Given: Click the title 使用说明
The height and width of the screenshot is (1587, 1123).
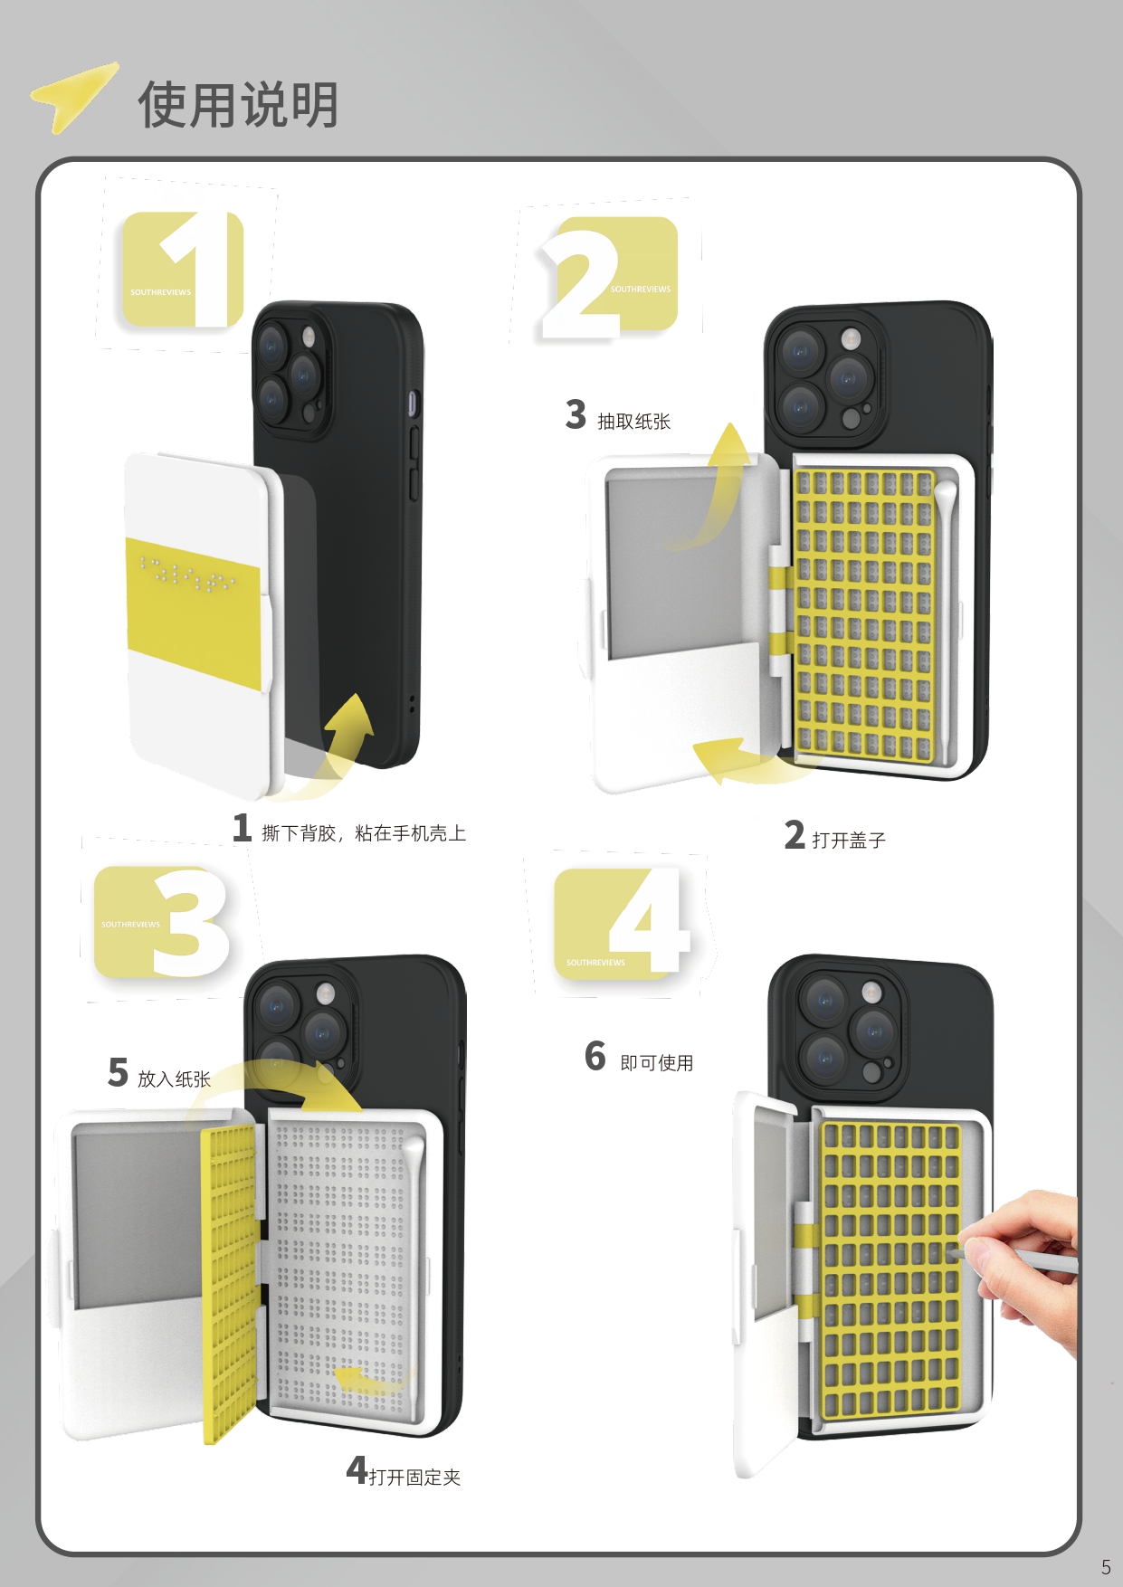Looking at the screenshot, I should (238, 105).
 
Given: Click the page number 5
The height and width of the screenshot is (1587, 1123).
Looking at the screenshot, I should (1105, 1566).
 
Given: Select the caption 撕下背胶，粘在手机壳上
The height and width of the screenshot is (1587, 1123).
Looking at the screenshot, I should (364, 833).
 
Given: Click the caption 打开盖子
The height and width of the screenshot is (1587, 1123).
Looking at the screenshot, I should (848, 840).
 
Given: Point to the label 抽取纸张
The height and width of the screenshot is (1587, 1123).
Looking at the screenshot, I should (633, 422).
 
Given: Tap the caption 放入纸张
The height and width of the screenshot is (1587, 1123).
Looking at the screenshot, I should (174, 1079).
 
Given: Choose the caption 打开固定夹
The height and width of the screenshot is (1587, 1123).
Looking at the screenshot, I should (414, 1477).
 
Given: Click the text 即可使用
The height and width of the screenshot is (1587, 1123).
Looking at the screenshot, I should (656, 1063).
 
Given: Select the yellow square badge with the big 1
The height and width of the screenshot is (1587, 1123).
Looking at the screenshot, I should (183, 270).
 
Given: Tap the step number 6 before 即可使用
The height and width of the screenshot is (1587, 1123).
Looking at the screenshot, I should (595, 1056).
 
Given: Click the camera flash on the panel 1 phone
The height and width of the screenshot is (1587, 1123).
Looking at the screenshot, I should (309, 338).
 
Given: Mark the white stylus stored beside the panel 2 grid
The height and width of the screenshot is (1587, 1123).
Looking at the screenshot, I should (945, 615).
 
